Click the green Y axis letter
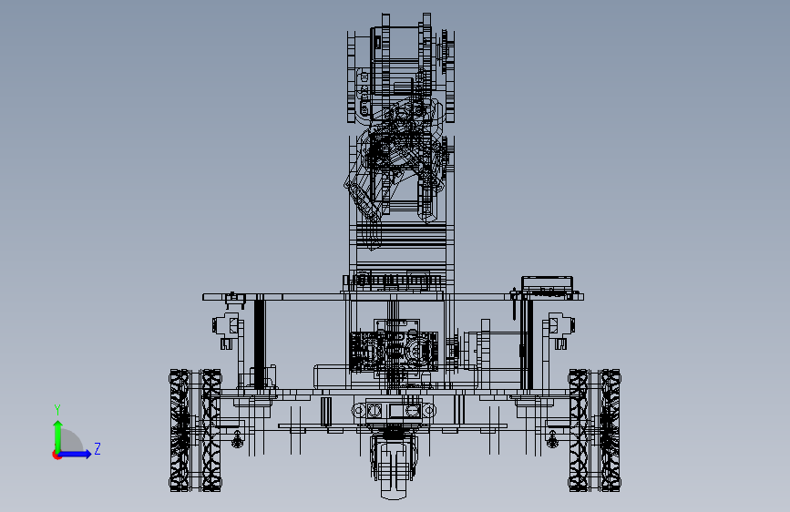click(x=57, y=410)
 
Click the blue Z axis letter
click(x=97, y=448)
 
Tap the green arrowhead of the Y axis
click(x=58, y=425)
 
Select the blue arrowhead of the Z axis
click(x=87, y=454)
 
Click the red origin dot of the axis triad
click(x=56, y=455)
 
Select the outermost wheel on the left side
click(x=180, y=430)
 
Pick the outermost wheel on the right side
click(x=610, y=430)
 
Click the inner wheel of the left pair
click(x=211, y=430)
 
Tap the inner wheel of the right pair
click(x=579, y=430)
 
